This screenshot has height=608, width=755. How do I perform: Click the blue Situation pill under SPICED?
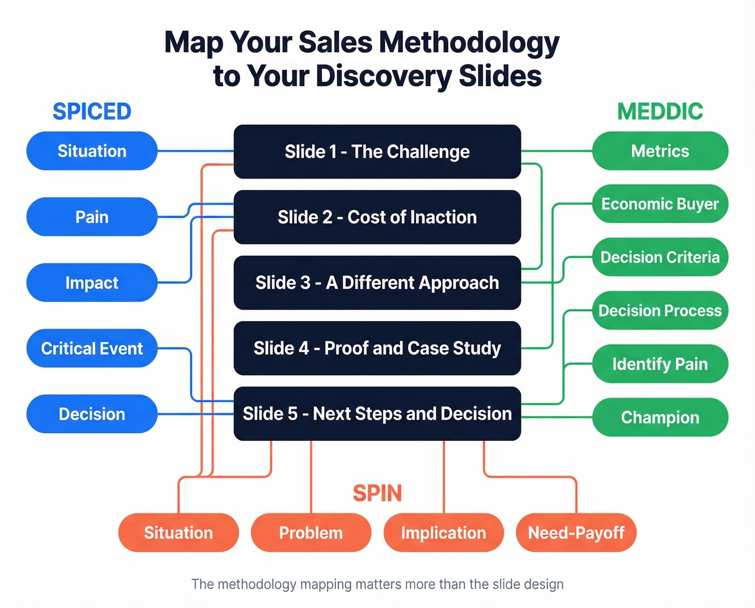[x=92, y=151]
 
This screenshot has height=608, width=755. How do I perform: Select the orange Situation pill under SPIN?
[x=178, y=532]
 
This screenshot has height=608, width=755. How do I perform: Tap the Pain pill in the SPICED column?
[x=92, y=217]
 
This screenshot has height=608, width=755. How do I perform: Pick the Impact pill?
[x=92, y=283]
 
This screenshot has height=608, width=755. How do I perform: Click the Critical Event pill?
[x=92, y=349]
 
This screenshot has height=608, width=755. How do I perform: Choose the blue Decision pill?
[x=92, y=414]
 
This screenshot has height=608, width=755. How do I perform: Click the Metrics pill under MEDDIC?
[x=660, y=151]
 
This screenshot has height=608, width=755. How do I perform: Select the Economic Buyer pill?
[x=660, y=204]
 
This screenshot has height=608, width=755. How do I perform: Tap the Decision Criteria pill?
[x=660, y=257]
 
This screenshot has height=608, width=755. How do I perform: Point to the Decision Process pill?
[x=660, y=310]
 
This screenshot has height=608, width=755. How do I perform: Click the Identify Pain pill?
[x=660, y=364]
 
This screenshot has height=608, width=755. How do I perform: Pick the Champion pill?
[x=660, y=417]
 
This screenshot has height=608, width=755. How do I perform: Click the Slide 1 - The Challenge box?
[x=377, y=152]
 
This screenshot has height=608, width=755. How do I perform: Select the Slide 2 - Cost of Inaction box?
[x=377, y=217]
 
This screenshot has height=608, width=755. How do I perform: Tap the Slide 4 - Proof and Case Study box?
[x=377, y=348]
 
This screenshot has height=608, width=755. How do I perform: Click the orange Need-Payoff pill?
[x=576, y=532]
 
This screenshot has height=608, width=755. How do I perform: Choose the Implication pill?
[x=443, y=532]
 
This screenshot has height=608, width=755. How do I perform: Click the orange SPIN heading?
[x=377, y=493]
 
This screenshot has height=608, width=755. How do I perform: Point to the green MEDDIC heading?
[x=660, y=112]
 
